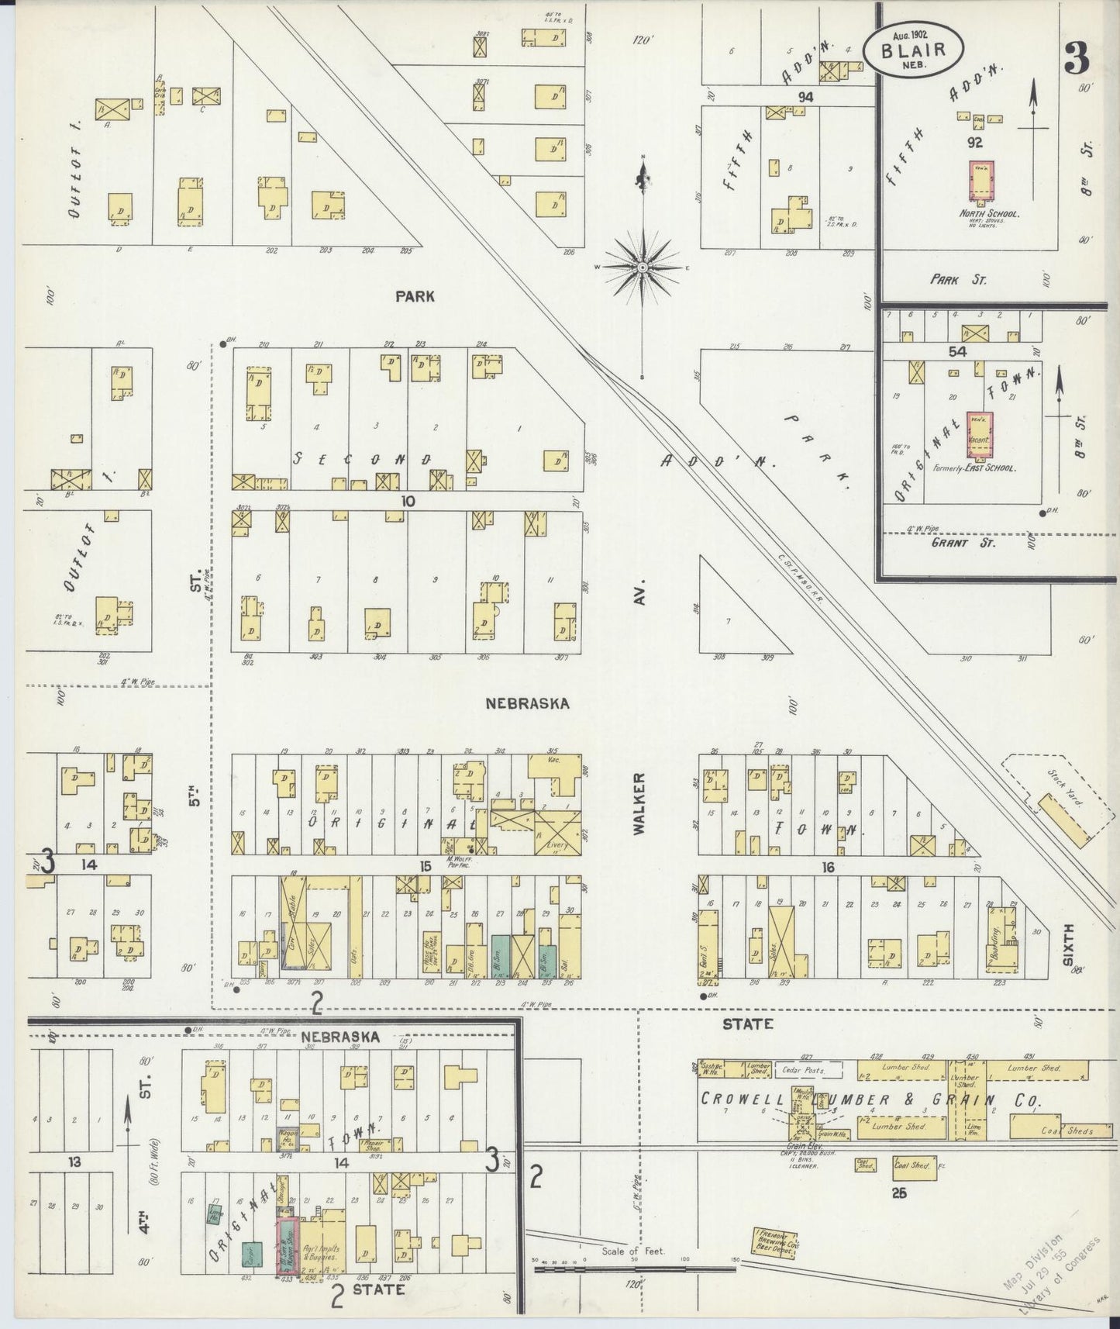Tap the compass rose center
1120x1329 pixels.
[643, 267]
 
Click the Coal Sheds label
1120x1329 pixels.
[1069, 1131]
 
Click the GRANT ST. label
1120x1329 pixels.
[958, 543]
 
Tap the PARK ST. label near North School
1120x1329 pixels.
[958, 279]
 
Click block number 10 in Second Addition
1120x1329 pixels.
[408, 501]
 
